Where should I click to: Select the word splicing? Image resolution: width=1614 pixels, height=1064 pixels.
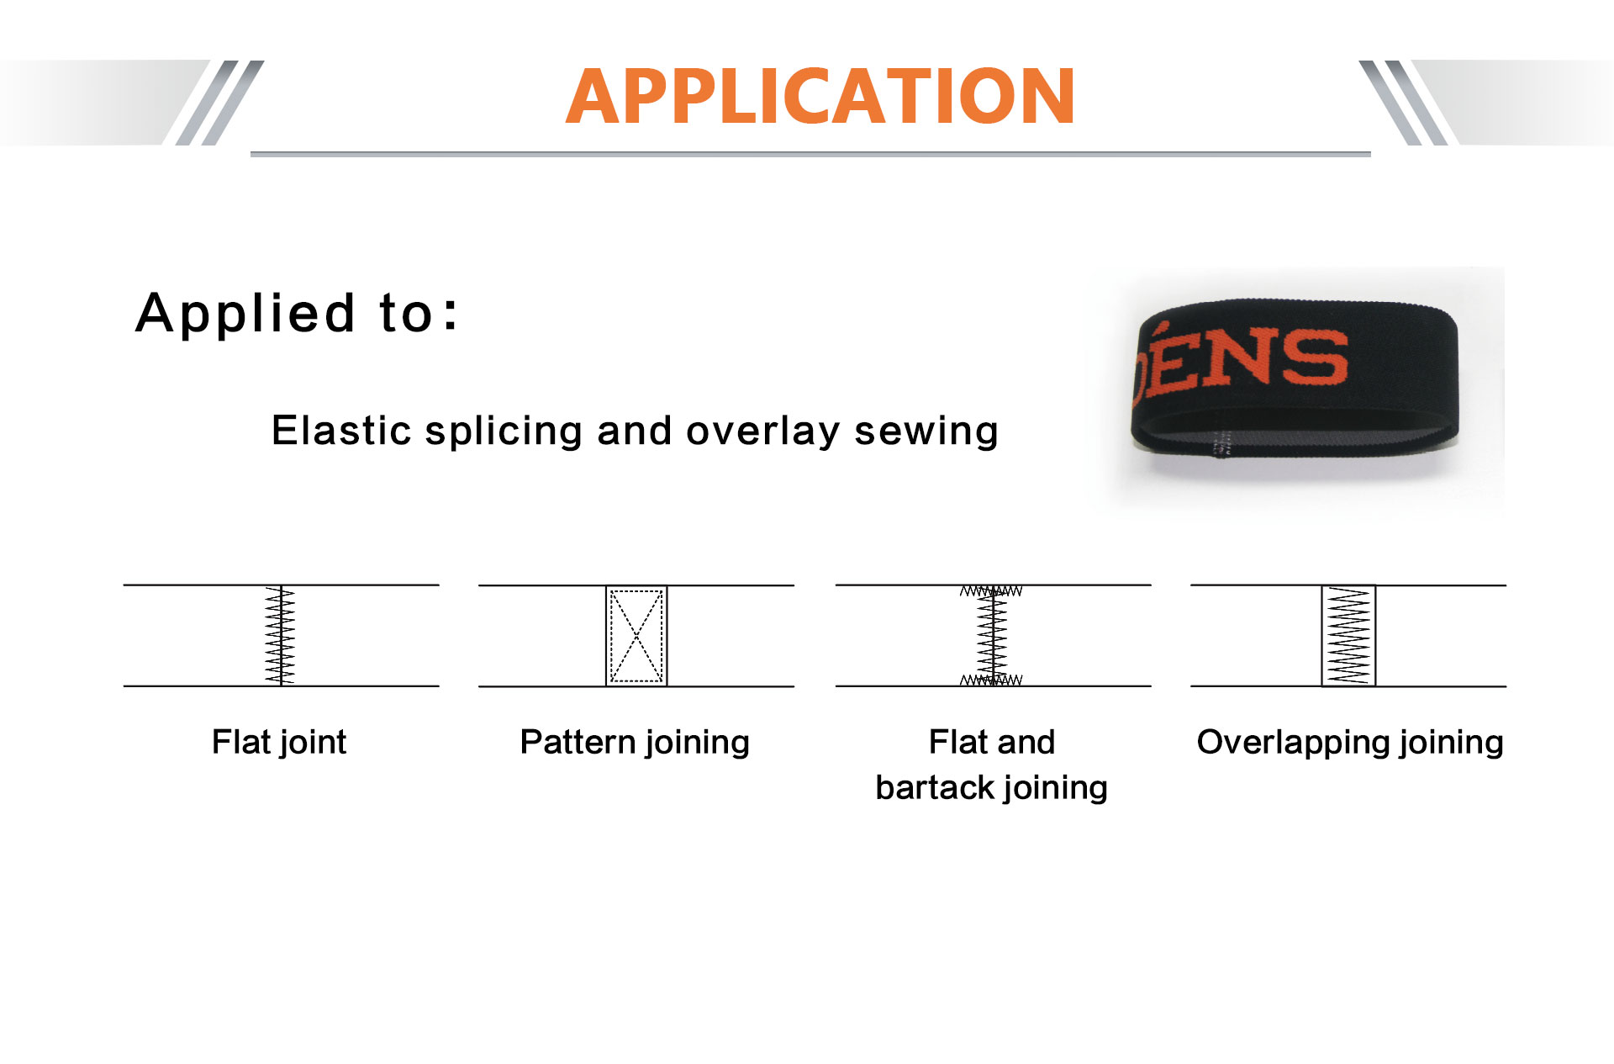(x=504, y=432)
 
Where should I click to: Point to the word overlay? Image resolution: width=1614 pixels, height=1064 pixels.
(x=763, y=432)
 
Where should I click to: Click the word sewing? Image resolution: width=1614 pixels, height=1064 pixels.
(x=926, y=432)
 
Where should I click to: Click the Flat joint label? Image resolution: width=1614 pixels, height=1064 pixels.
(x=279, y=743)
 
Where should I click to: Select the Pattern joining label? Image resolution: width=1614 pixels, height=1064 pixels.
(x=635, y=743)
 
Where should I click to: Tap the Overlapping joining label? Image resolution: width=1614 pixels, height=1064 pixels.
(x=1350, y=743)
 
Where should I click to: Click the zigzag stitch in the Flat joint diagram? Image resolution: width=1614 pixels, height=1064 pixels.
(x=281, y=636)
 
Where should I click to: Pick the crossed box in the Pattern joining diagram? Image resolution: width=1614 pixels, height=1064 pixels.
(x=636, y=636)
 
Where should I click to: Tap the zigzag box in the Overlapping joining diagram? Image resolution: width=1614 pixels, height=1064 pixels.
(x=1348, y=636)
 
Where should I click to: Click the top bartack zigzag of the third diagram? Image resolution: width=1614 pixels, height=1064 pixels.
(x=991, y=591)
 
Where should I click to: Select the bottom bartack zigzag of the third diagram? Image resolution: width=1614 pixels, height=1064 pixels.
(x=991, y=680)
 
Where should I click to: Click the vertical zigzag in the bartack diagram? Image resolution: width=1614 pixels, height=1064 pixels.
(x=992, y=636)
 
